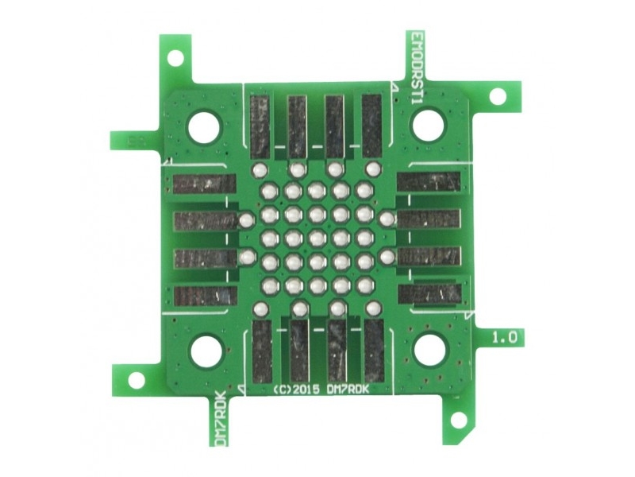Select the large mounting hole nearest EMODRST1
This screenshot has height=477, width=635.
point(429,125)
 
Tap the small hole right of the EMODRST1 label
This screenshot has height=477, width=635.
point(498,96)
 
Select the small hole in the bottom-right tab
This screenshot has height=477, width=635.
point(457,418)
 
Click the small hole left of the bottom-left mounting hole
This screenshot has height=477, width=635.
point(137,379)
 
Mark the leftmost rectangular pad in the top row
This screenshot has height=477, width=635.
point(260,125)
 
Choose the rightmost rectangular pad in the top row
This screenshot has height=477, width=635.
point(371,125)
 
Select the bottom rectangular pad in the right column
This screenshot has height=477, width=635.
point(429,294)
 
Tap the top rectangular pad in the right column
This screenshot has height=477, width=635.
point(429,182)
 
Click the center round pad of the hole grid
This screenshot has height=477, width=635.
point(317,238)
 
